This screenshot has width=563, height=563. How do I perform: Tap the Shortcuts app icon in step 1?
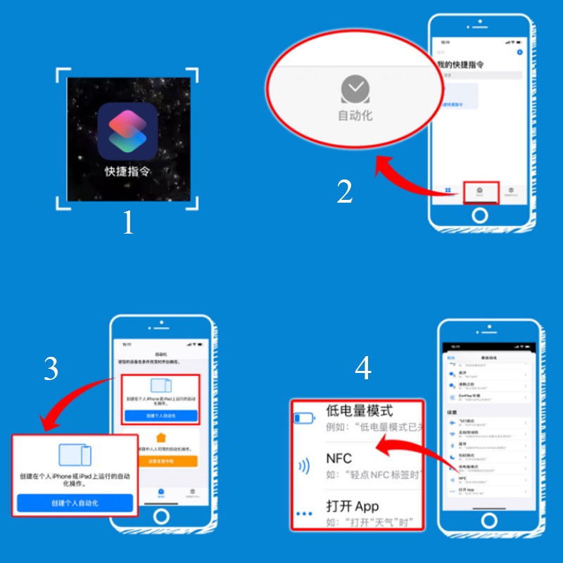point(127,131)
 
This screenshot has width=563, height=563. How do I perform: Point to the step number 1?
point(127,223)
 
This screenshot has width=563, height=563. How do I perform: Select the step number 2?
point(344,191)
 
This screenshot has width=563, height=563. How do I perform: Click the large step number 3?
point(51,368)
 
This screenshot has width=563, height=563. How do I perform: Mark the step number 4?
point(362,368)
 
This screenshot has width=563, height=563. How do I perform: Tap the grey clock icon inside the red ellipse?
point(355,89)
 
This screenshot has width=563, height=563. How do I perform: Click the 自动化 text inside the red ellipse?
point(355,115)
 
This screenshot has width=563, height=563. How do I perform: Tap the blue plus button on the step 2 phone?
point(519,52)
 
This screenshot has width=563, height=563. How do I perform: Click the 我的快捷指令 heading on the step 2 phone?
point(460,64)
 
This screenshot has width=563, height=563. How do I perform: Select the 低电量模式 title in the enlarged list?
point(359,411)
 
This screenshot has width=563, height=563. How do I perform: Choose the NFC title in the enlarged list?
point(339,458)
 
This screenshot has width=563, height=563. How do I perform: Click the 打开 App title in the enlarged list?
point(353,506)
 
